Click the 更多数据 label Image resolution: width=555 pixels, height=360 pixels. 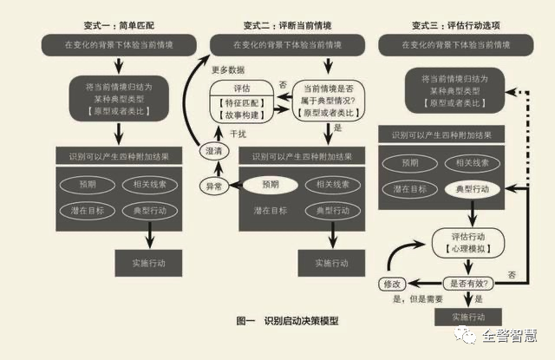tap(229, 70)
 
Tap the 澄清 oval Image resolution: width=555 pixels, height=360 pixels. tap(212, 152)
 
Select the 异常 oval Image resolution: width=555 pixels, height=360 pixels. tap(212, 186)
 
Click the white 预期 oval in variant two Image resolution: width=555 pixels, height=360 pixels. tap(271, 185)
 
